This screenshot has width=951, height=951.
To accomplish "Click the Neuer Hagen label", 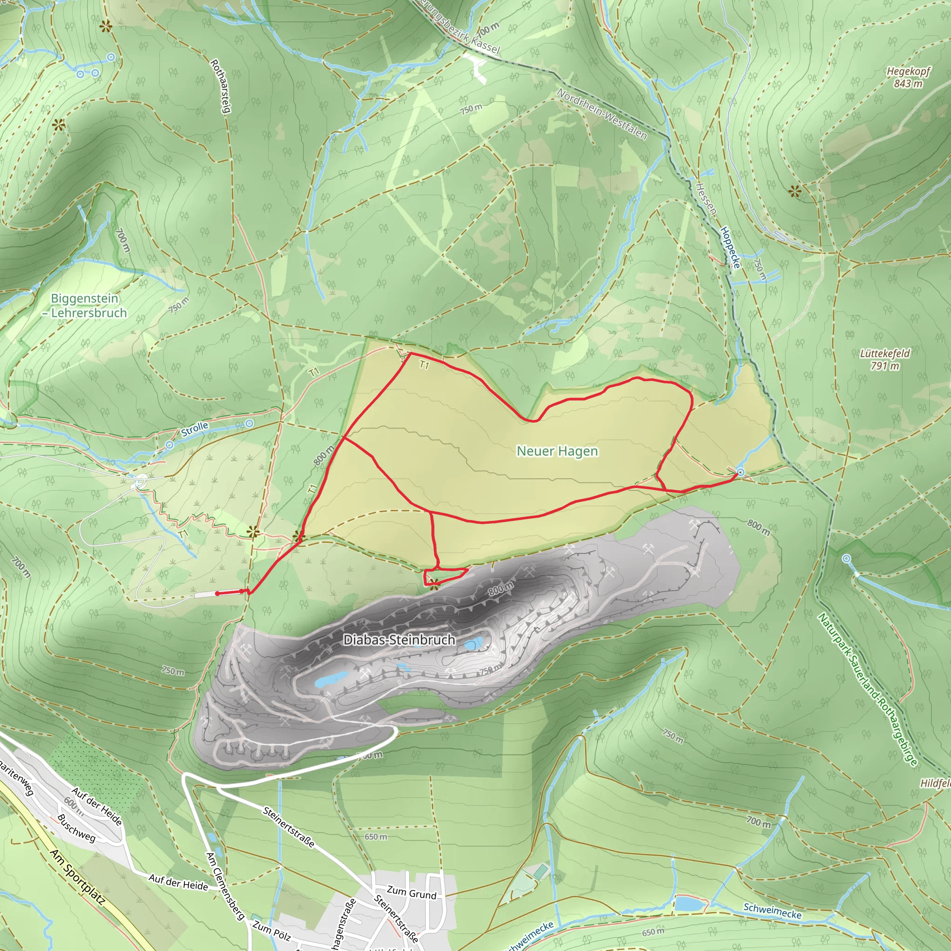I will [x=557, y=451].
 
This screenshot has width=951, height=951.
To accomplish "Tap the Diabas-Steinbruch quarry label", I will [x=399, y=640].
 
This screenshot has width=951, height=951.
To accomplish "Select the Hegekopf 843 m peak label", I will [x=908, y=77].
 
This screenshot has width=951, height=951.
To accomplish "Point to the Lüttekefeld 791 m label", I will [x=885, y=359].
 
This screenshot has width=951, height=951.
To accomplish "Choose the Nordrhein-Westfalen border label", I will [x=601, y=114].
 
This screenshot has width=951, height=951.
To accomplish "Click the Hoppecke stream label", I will [x=730, y=247].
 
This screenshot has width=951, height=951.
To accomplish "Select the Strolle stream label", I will [x=195, y=429].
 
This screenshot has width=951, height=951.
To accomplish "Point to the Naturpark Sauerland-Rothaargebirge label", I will [x=868, y=690].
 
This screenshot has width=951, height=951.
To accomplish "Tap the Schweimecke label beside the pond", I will [x=772, y=911].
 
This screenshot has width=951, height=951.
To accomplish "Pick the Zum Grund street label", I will [x=411, y=892].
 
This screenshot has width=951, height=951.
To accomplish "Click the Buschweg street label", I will [x=76, y=828].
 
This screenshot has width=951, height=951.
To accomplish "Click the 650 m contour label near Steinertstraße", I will [x=376, y=837].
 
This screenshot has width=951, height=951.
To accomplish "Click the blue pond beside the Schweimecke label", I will [x=690, y=904].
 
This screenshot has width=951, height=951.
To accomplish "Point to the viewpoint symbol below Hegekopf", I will [x=795, y=191].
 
